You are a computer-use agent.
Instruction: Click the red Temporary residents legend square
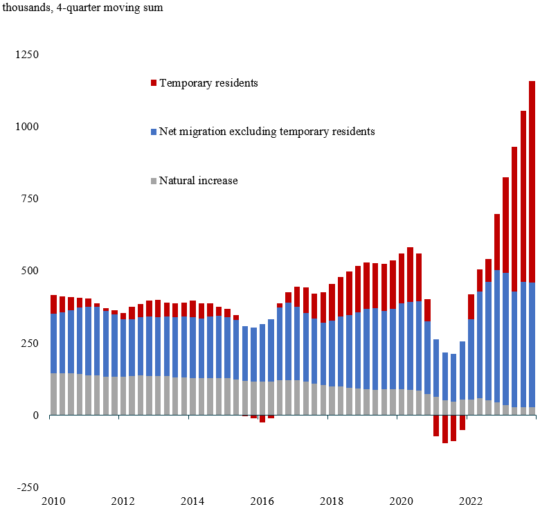point(153,83)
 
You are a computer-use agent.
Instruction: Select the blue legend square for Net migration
point(153,132)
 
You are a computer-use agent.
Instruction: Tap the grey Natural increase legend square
point(153,181)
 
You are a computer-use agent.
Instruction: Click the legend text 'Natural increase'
point(199,181)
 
